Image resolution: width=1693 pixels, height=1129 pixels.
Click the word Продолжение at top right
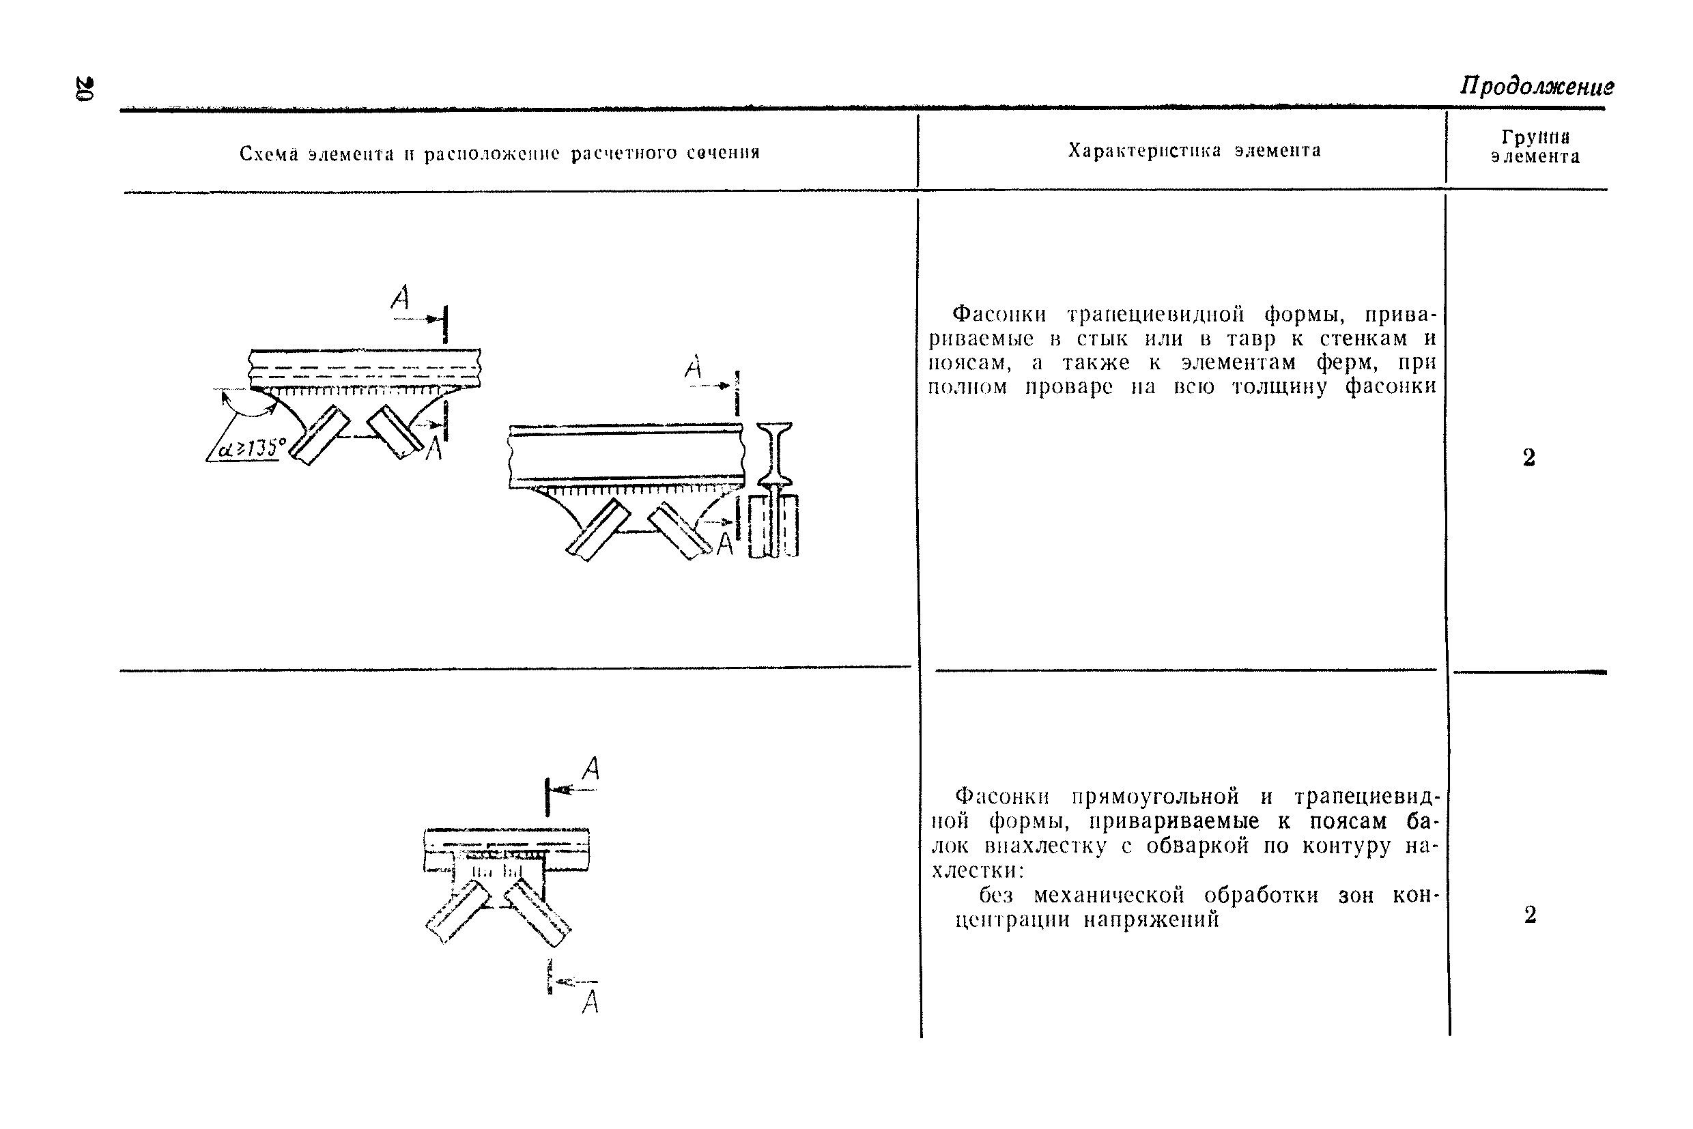[x=1537, y=87]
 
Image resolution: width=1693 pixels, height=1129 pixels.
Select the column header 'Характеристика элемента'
[x=1194, y=150]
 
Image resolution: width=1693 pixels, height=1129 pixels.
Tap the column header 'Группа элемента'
[x=1535, y=147]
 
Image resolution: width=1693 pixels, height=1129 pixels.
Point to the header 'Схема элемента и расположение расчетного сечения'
[x=500, y=154]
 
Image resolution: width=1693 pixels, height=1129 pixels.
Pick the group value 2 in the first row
[x=1528, y=457]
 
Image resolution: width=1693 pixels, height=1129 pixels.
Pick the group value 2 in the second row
[x=1531, y=915]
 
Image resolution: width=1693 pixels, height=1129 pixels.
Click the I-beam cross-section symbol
[x=775, y=454]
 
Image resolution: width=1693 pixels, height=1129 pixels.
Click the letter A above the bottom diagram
[x=591, y=769]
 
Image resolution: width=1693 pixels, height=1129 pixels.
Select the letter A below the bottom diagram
[x=590, y=1001]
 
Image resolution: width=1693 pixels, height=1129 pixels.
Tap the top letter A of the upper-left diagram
[x=401, y=297]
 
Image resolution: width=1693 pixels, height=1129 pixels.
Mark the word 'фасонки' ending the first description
[x=1391, y=386]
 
